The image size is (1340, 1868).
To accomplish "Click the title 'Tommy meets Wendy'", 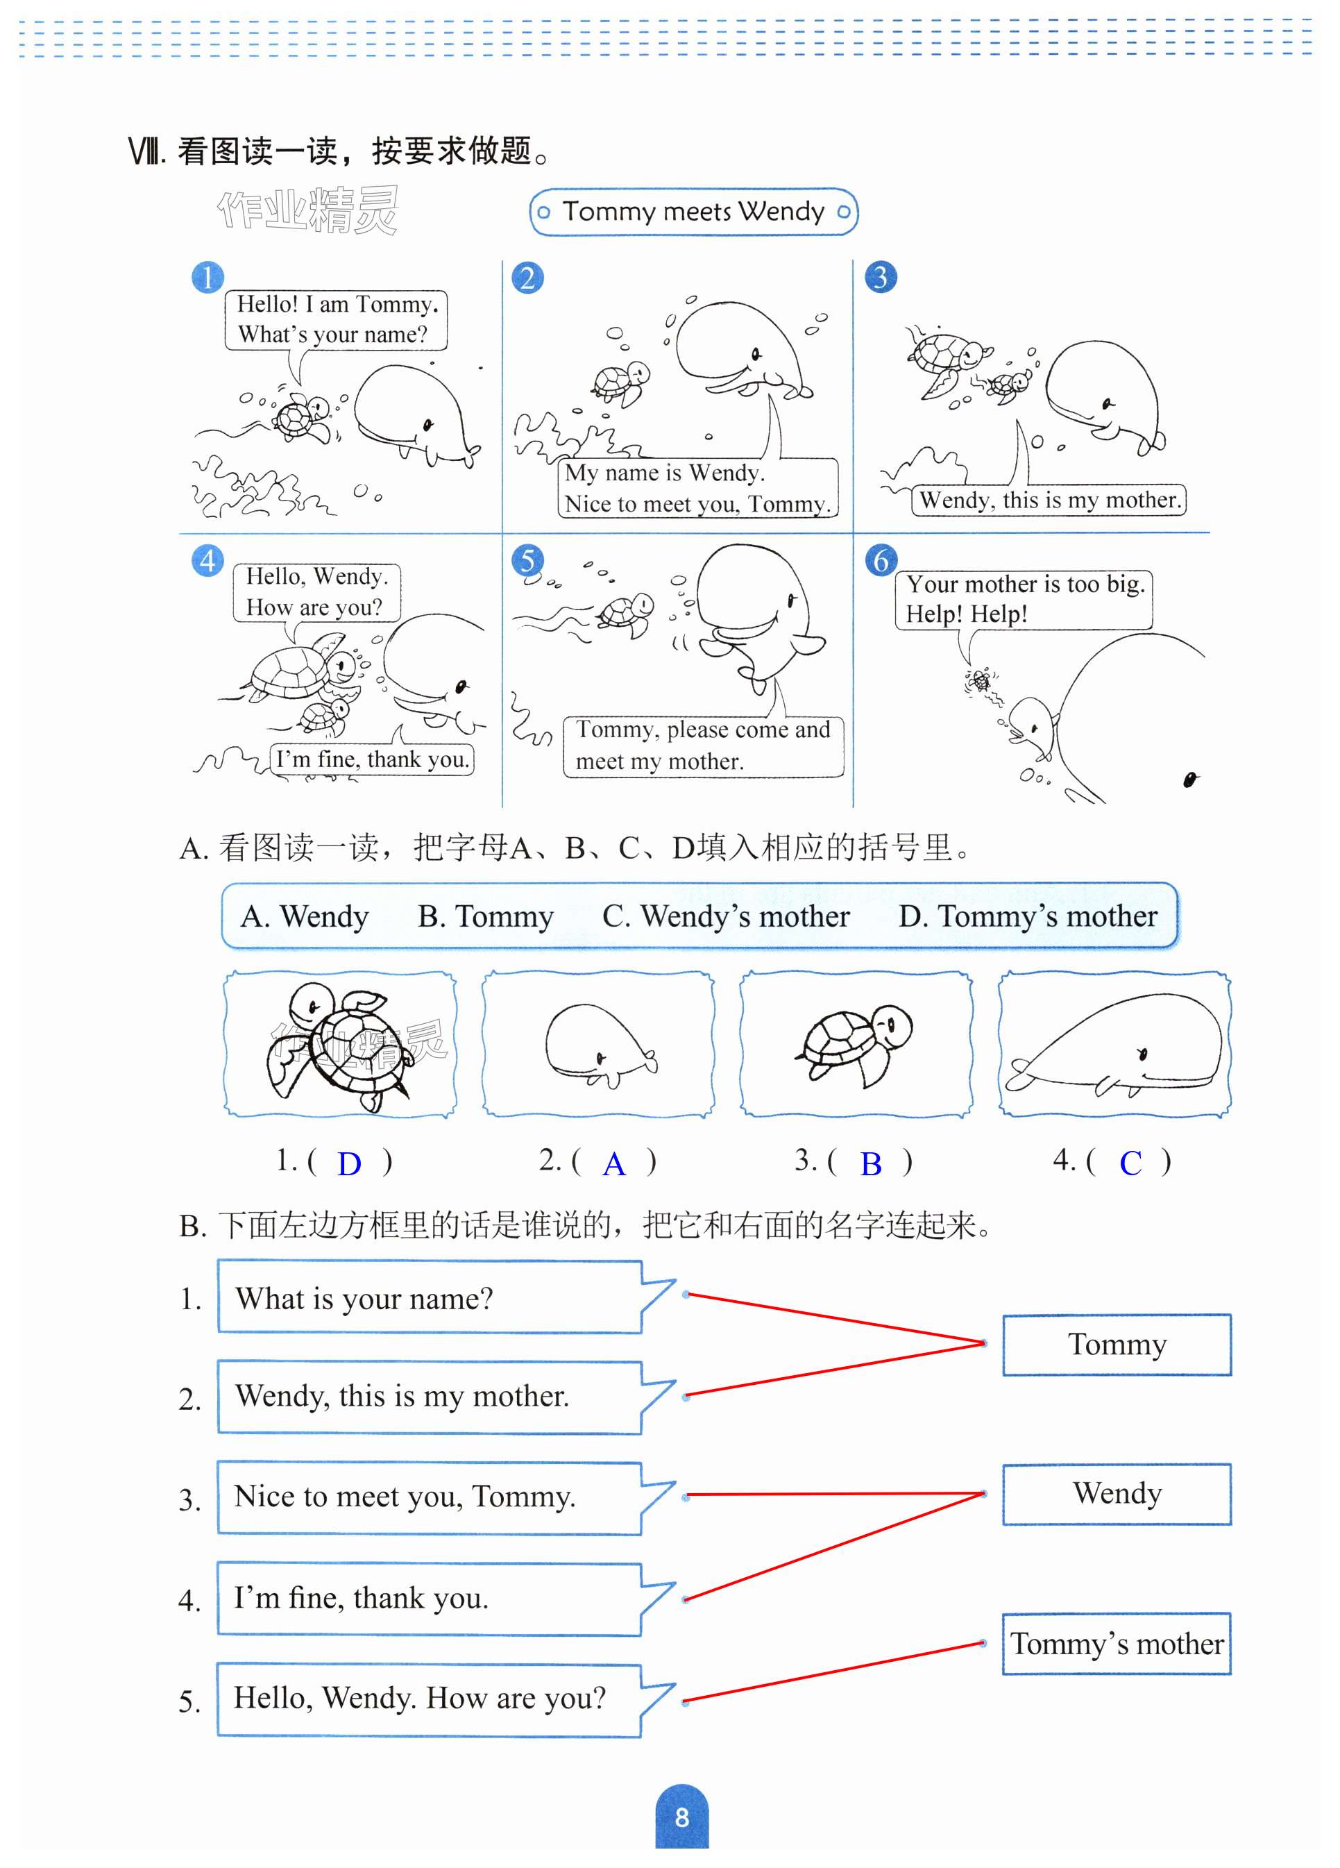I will [693, 212].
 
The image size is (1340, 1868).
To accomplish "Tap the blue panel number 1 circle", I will [207, 278].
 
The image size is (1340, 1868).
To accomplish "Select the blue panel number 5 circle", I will [527, 561].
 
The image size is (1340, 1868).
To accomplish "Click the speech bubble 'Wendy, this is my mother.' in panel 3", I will [1049, 500].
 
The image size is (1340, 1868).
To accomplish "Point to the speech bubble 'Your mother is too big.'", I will [1024, 599].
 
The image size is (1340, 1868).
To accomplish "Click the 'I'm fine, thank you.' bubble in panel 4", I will [372, 759].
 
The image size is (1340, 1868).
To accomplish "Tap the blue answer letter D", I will [349, 1165].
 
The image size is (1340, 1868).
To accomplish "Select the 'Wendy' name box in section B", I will [1116, 1494].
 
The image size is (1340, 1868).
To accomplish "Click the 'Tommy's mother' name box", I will [1116, 1644].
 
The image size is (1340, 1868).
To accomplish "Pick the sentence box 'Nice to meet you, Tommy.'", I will [428, 1497].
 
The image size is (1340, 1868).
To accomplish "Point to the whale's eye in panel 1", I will [427, 425].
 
